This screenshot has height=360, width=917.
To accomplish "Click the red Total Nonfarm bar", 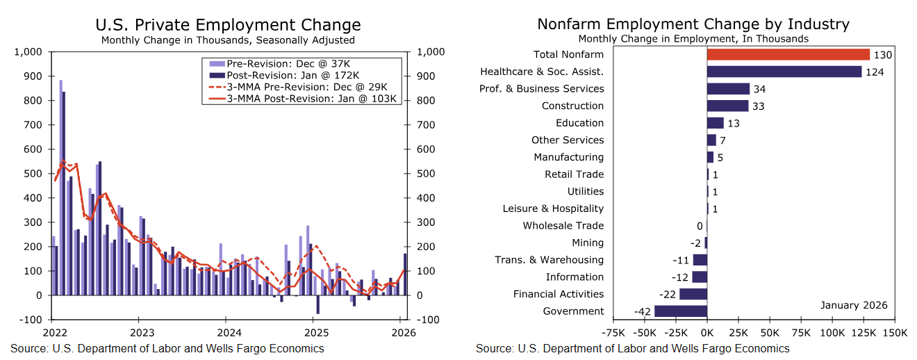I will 788,54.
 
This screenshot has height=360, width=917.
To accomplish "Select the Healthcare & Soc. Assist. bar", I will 784,72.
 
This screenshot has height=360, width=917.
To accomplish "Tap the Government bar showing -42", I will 681,311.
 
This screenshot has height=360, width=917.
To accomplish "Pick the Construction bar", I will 727,106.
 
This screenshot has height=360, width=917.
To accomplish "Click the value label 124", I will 875,72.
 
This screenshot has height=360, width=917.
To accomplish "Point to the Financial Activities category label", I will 559,294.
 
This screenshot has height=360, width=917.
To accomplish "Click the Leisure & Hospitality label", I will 553,208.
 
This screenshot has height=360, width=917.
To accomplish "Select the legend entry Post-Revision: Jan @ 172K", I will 292,75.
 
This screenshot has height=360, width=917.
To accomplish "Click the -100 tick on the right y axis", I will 427,320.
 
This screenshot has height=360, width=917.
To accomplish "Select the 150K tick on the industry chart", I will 895,332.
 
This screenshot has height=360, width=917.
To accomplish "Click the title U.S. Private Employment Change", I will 228,26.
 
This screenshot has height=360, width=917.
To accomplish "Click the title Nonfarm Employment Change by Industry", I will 693,24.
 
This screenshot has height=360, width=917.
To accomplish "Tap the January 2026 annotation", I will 854,306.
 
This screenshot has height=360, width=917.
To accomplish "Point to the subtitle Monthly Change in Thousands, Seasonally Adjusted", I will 228,40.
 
